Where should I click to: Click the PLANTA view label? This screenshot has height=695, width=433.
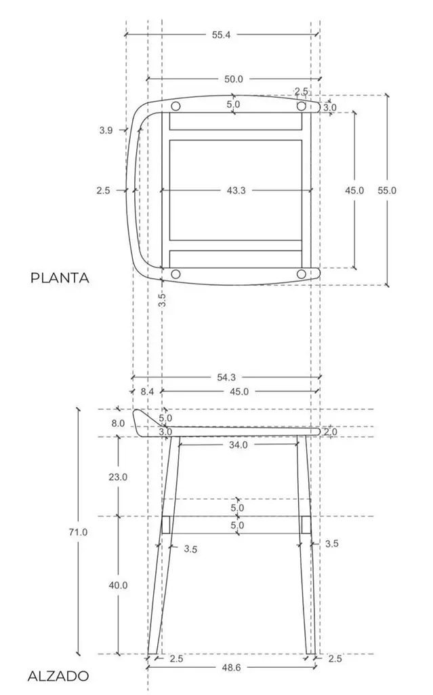tap(60, 278)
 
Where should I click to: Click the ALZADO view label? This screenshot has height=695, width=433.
tap(58, 676)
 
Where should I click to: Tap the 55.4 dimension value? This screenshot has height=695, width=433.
tap(221, 35)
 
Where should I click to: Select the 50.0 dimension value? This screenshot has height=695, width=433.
tap(233, 79)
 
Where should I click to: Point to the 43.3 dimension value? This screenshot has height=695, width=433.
tap(236, 190)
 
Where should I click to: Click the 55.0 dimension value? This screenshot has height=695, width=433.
tap(387, 190)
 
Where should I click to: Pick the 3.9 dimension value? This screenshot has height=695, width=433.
tap(106, 130)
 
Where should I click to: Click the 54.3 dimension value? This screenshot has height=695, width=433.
tap(226, 377)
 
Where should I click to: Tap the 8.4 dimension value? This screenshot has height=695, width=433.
tap(148, 392)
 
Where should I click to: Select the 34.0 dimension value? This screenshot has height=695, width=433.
tap(239, 445)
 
